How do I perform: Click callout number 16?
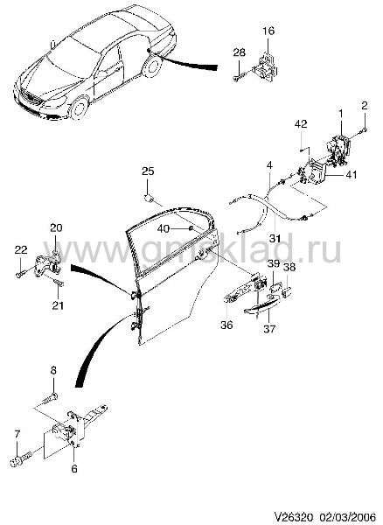tap(268, 31)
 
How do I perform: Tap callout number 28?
tap(240, 52)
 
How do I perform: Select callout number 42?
tap(301, 124)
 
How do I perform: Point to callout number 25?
tap(148, 171)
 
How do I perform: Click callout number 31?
tap(275, 238)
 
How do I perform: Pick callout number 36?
tap(226, 325)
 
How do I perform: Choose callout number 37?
tap(269, 329)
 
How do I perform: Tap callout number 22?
tap(21, 249)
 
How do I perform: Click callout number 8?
tap(53, 371)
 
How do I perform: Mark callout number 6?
tap(74, 469)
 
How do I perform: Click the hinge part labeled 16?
tap(267, 66)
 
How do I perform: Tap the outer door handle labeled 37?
tap(261, 306)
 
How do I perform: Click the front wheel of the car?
tap(80, 108)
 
